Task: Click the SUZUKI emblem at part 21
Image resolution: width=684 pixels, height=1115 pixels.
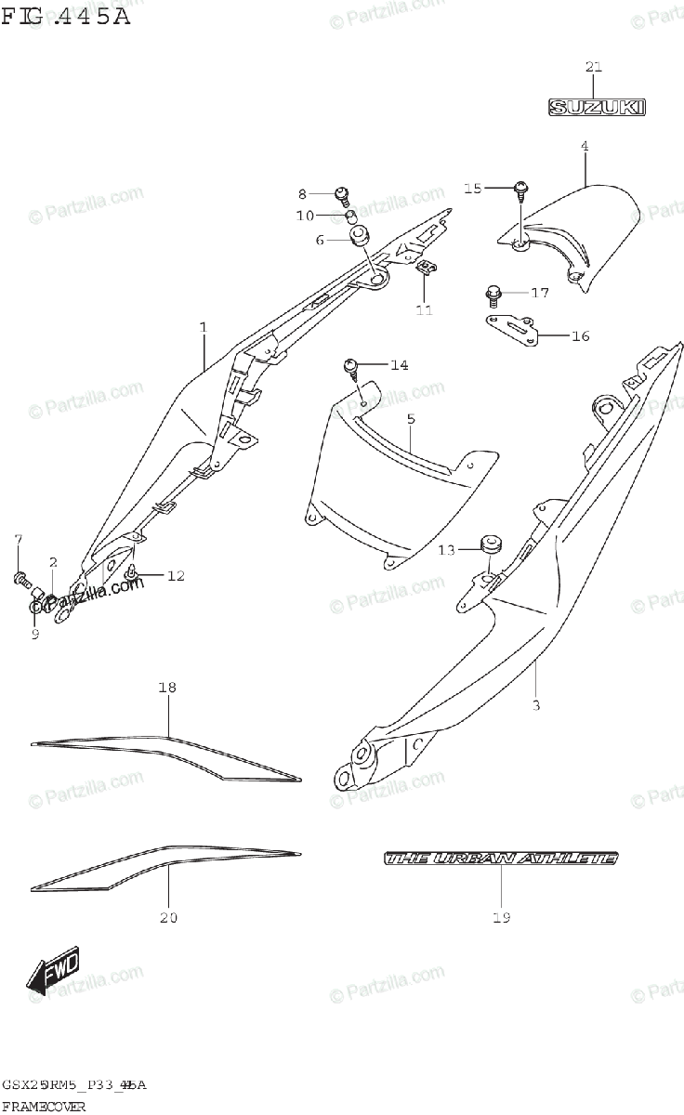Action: pos(595,108)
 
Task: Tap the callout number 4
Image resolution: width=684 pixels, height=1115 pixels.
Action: pos(585,146)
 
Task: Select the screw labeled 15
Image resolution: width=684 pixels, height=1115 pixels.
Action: pos(520,189)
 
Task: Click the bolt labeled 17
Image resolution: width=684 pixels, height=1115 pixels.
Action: pos(493,295)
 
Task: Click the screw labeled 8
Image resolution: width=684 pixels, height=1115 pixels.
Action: pos(342,194)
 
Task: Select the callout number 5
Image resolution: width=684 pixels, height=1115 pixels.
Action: pos(410,419)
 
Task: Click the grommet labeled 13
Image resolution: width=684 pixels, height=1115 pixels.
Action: pos(489,543)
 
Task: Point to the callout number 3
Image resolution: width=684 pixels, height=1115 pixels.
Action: pos(535,705)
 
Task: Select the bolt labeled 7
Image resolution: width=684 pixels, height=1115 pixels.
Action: pos(20,578)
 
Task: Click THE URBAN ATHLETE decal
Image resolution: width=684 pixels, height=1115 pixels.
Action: pos(501,859)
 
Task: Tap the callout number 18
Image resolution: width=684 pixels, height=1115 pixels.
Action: pos(167,689)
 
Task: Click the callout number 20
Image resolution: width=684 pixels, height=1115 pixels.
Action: pos(167,918)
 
